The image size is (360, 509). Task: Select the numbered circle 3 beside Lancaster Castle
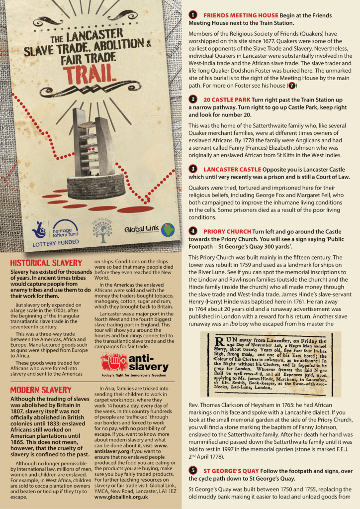coord(193,169)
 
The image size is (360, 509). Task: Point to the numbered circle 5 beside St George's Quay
coord(193,470)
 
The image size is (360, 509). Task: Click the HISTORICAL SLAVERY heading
coord(46,263)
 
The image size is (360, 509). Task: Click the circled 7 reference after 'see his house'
coord(292,86)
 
